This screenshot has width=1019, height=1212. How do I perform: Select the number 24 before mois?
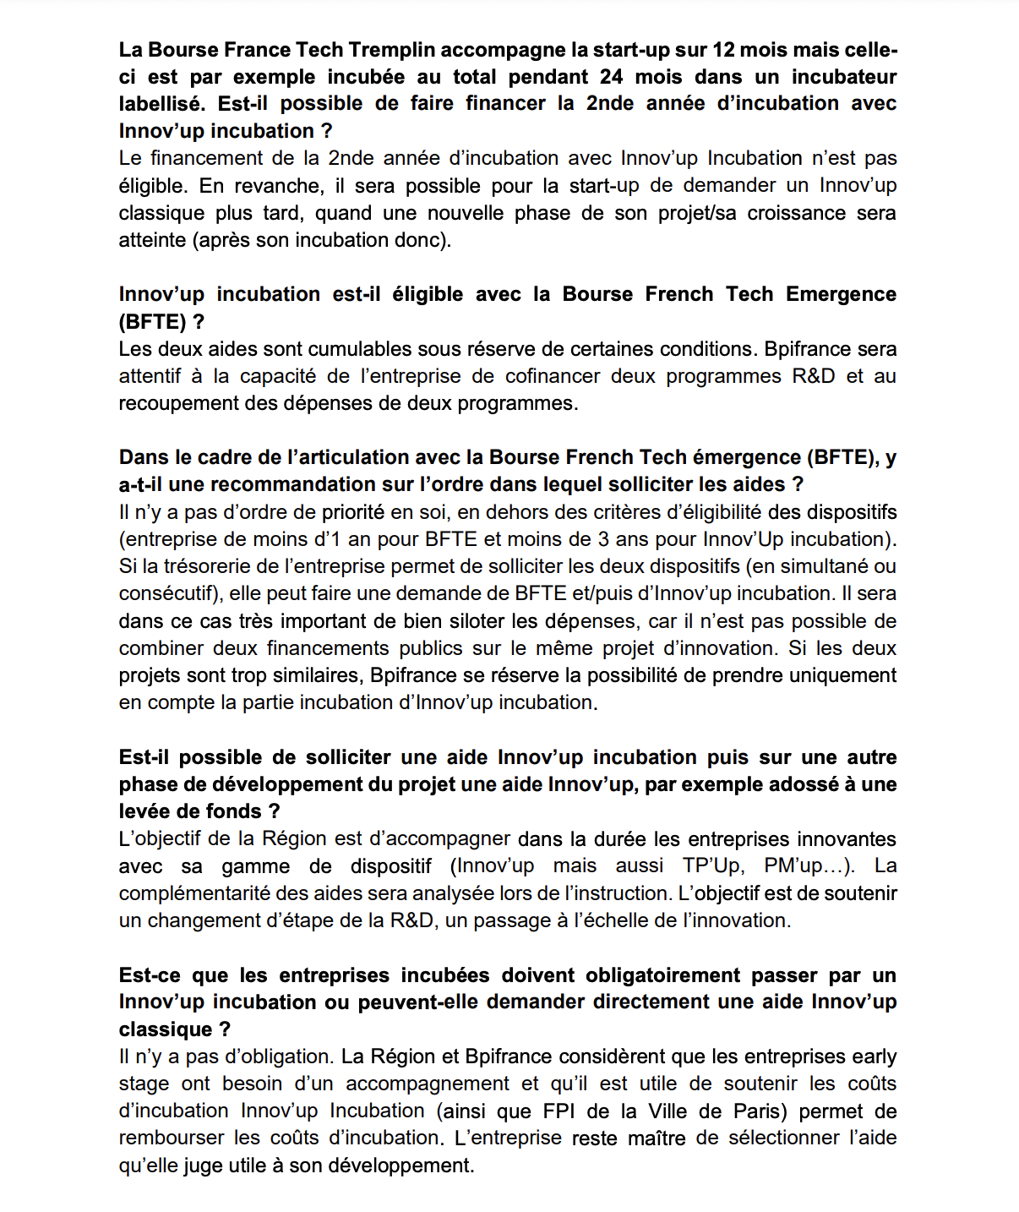click(x=611, y=77)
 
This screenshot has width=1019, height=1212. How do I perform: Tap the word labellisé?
click(x=161, y=104)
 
